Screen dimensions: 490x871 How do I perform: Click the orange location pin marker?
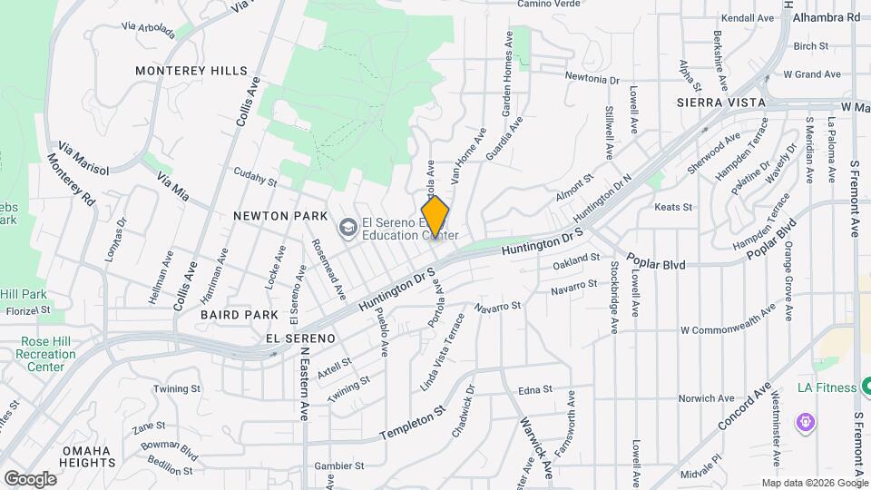[x=435, y=216]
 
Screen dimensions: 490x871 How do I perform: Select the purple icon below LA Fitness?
[x=803, y=422]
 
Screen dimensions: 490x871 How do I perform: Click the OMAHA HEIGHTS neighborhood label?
[x=85, y=456]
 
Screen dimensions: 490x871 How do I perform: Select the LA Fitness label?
[x=827, y=387]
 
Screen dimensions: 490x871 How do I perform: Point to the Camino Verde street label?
[x=548, y=5]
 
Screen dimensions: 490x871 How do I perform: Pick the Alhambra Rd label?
[x=825, y=17]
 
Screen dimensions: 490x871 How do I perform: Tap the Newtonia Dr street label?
[x=592, y=79]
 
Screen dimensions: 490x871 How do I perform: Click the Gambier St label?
[x=338, y=465]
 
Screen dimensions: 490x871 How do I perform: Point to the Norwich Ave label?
[x=707, y=398]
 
